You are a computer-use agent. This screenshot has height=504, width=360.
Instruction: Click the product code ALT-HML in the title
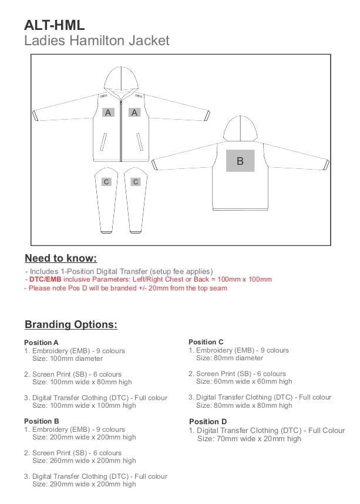tap(55, 25)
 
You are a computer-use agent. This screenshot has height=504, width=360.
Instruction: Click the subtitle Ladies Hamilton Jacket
tap(97, 40)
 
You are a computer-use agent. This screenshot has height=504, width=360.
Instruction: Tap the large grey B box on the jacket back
tap(240, 161)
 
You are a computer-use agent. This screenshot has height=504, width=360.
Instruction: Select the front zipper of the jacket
tap(122, 126)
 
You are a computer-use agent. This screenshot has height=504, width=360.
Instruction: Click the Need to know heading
tap(60, 258)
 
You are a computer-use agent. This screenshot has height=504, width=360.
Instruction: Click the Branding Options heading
tap(71, 324)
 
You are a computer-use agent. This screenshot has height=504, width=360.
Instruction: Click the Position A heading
tap(42, 343)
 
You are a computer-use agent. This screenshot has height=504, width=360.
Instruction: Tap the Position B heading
tap(42, 421)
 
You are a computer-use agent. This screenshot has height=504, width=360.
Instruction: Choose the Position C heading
tap(206, 342)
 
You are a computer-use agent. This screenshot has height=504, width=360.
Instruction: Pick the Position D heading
tap(207, 421)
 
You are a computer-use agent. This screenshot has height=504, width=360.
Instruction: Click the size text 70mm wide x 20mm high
tap(249, 439)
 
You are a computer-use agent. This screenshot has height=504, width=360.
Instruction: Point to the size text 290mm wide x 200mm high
tap(84, 484)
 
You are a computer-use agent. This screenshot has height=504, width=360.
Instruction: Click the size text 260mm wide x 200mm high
tap(84, 461)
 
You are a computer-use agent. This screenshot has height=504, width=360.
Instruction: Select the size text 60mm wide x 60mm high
tap(244, 381)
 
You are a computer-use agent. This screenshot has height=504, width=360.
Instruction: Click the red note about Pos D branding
tap(126, 288)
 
